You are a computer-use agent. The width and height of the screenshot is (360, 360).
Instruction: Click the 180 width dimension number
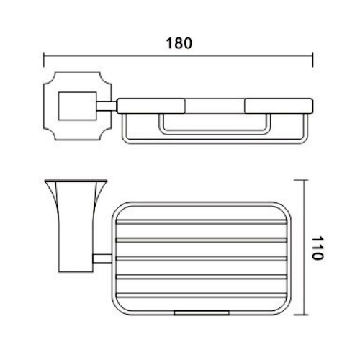[x=179, y=42]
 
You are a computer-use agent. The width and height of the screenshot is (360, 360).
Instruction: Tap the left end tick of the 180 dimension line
[x=45, y=58]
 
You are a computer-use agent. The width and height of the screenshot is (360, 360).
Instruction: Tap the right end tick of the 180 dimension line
[x=312, y=58]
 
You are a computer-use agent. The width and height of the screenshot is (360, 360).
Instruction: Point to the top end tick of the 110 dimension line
[x=306, y=179]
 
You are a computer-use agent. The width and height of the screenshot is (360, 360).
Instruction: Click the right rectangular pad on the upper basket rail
[x=279, y=106]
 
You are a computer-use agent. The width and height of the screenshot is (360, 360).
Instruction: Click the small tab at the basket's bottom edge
[x=203, y=313]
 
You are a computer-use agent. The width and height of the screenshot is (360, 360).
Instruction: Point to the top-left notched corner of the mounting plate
[x=47, y=77]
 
